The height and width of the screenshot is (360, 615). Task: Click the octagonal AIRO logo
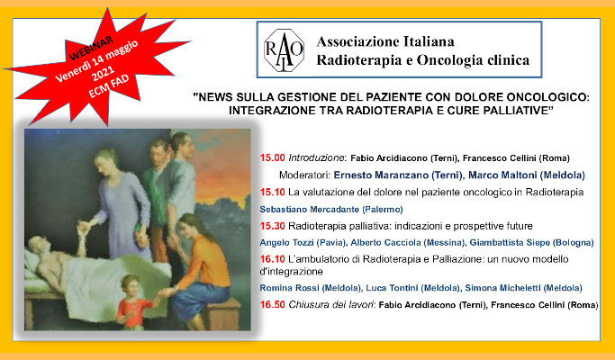tap(284, 49)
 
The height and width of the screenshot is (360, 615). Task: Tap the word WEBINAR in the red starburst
tap(91, 49)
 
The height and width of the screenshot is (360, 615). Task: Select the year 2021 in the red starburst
tap(103, 73)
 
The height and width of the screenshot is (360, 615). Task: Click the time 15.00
tap(272, 158)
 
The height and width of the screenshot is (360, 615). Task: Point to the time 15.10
tap(272, 193)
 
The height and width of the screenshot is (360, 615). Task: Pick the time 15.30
tap(272, 226)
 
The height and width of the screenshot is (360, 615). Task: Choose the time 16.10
tap(272, 259)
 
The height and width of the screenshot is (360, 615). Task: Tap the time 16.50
tap(272, 304)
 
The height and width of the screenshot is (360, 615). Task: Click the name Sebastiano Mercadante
tap(309, 210)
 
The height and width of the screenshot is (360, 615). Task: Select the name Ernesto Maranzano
tap(381, 175)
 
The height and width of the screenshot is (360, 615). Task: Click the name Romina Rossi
tap(289, 288)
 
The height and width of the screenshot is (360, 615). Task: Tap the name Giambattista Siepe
tap(510, 243)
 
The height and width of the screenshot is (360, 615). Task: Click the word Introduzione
tap(317, 158)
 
